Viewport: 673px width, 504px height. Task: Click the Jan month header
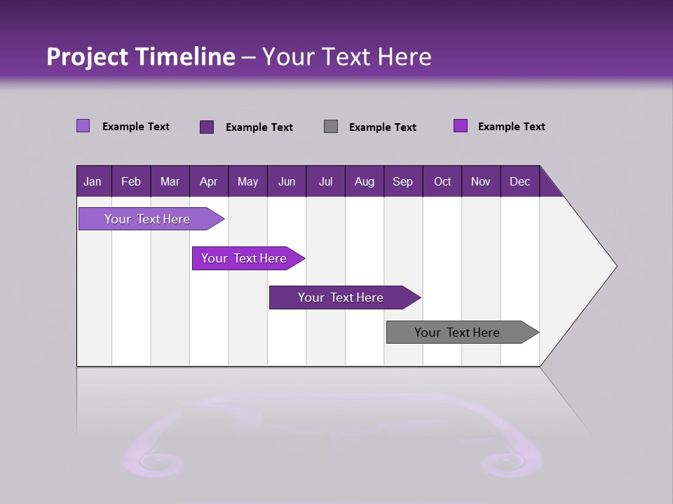click(93, 182)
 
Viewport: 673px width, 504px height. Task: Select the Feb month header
click(131, 182)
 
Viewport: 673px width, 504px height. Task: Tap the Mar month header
click(170, 182)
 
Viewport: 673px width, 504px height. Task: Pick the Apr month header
click(208, 182)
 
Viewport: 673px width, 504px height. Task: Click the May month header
click(247, 182)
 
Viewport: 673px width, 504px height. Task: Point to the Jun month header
click(287, 182)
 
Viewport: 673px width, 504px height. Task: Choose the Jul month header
click(325, 182)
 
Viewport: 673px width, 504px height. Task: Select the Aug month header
click(364, 182)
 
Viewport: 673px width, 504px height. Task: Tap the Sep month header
click(402, 182)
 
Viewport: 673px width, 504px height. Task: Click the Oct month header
click(442, 182)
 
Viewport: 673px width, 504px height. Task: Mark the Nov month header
click(481, 182)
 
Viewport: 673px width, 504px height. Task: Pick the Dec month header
click(519, 182)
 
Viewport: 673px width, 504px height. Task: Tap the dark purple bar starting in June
click(341, 297)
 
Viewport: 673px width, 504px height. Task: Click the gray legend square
click(331, 127)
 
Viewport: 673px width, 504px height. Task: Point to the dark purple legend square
click(207, 127)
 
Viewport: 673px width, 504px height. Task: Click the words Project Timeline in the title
click(141, 57)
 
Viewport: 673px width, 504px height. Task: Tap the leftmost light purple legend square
click(83, 126)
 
